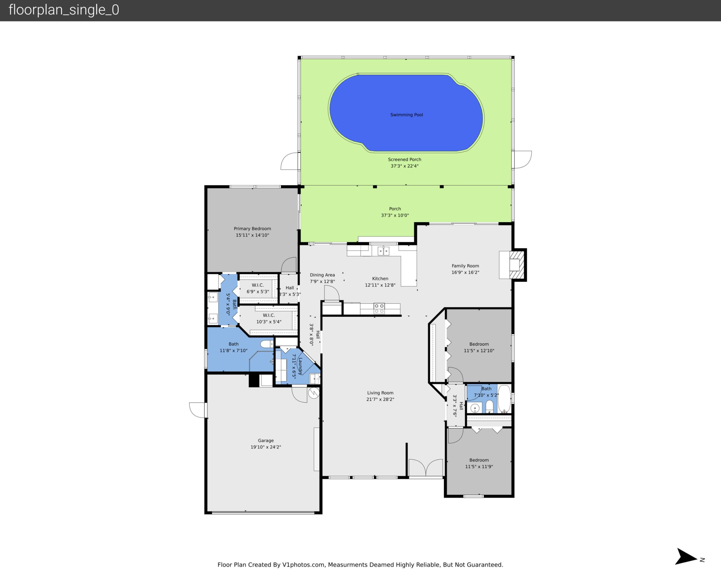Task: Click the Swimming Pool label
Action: point(406,115)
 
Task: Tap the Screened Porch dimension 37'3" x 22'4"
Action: point(404,166)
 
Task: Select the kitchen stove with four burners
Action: point(379,308)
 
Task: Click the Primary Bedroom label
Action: point(252,229)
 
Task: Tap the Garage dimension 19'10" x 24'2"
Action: point(266,447)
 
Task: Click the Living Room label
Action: point(380,393)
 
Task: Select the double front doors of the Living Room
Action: point(426,468)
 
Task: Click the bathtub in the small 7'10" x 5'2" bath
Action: point(504,399)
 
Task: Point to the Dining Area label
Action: point(322,275)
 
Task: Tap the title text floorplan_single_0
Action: point(64,10)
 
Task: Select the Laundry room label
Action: point(300,366)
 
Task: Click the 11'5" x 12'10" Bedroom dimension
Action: point(479,351)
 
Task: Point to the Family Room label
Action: point(465,266)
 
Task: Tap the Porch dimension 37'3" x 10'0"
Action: point(395,215)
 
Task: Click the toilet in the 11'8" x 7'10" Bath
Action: point(267,344)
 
